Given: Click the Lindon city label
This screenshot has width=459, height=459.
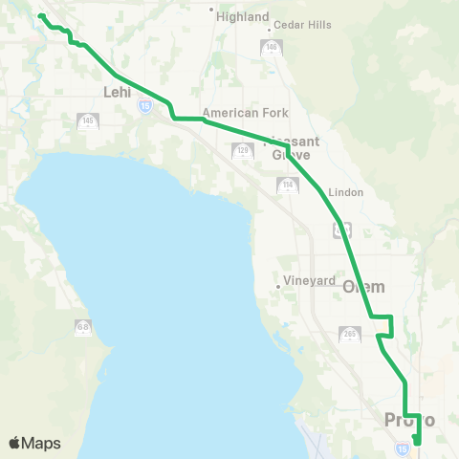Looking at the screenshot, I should pyautogui.click(x=345, y=192).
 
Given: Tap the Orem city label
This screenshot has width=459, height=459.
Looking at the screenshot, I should pyautogui.click(x=363, y=287).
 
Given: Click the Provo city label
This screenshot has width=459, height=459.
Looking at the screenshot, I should pyautogui.click(x=409, y=420).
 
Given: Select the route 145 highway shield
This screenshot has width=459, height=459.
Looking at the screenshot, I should pyautogui.click(x=87, y=120).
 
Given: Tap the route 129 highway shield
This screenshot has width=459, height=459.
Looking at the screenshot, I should pyautogui.click(x=243, y=150).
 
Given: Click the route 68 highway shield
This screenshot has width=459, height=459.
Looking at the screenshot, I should pyautogui.click(x=83, y=327).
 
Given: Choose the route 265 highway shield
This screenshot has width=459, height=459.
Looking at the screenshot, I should pyautogui.click(x=349, y=334).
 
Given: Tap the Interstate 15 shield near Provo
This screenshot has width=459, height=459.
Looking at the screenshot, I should pyautogui.click(x=402, y=448).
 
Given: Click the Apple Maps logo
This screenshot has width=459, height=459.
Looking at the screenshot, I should pyautogui.click(x=34, y=443).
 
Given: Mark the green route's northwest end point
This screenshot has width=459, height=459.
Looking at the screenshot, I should pyautogui.click(x=39, y=16).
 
